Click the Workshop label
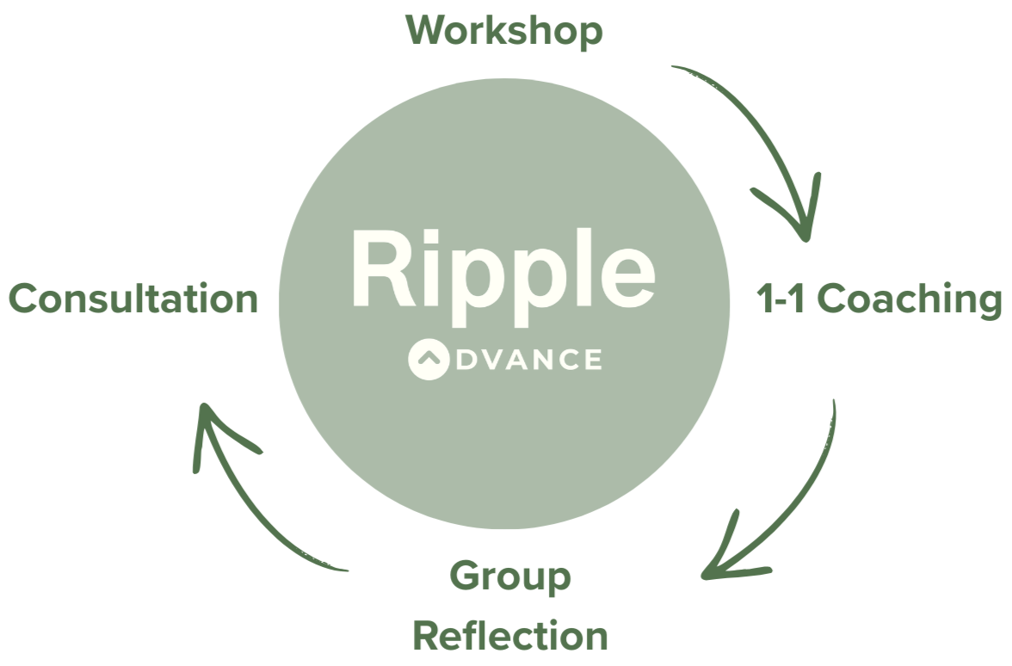tap(504, 32)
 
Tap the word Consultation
tap(133, 299)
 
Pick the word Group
tap(510, 577)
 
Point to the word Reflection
tap(510, 636)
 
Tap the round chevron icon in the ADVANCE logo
tap(429, 360)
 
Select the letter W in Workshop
tap(428, 32)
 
